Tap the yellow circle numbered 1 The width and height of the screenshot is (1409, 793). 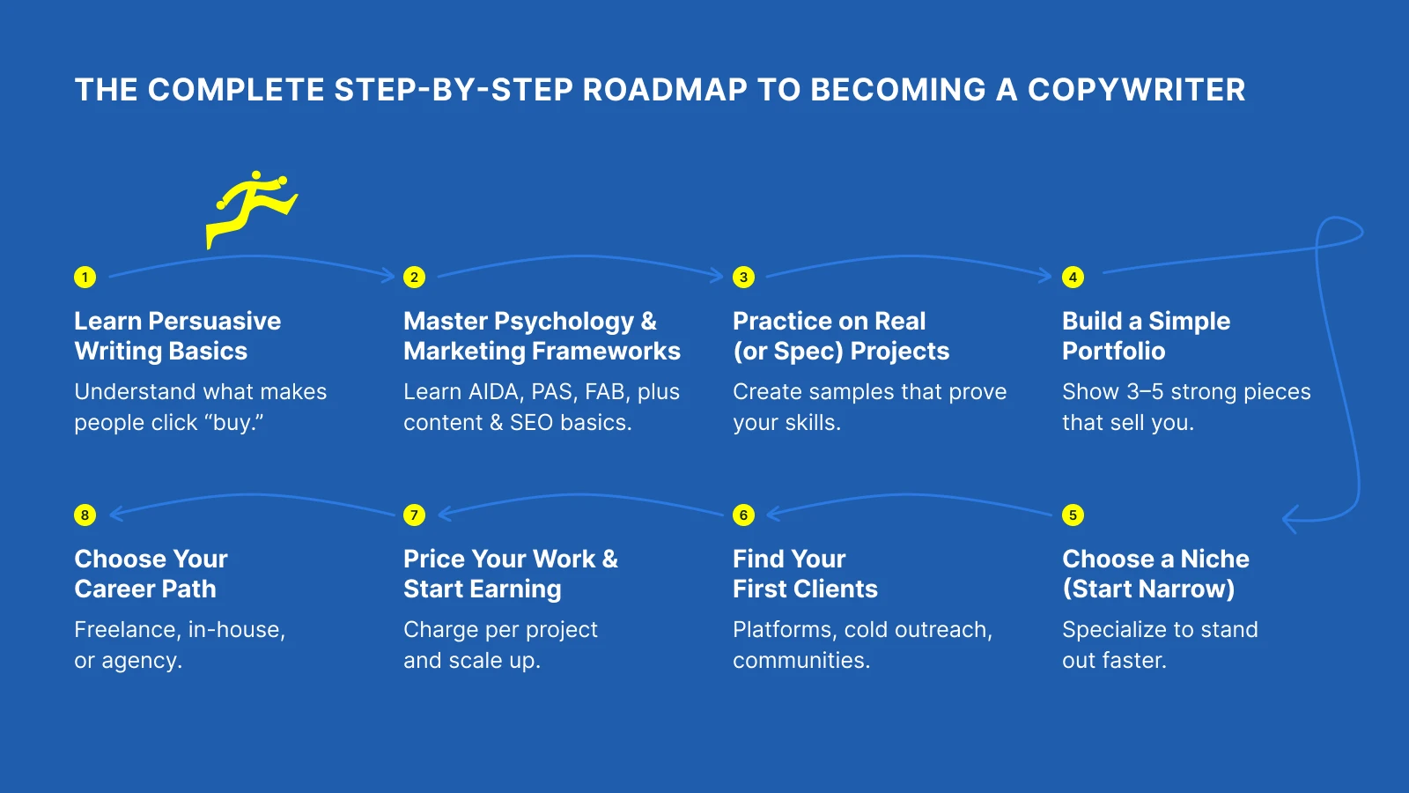point(85,278)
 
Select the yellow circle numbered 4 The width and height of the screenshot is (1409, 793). point(1073,278)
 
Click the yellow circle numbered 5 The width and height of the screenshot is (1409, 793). point(1073,515)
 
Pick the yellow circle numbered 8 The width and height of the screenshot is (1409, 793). point(85,515)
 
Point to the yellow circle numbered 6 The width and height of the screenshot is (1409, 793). point(743,515)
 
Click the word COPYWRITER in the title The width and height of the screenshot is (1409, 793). point(1136,90)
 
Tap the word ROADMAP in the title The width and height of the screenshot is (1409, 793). point(665,90)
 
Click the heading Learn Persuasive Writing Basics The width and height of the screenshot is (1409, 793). point(177,336)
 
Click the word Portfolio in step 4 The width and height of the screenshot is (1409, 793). point(1113,352)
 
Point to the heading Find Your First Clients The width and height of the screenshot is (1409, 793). point(805,574)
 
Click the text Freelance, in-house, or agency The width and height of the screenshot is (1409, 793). point(180,645)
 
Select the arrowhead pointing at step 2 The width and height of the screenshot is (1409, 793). point(388,275)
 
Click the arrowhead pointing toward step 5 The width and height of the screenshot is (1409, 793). point(1290,519)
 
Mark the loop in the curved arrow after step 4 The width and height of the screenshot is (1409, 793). point(1339,233)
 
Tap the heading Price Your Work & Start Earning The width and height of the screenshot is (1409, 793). point(510,574)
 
